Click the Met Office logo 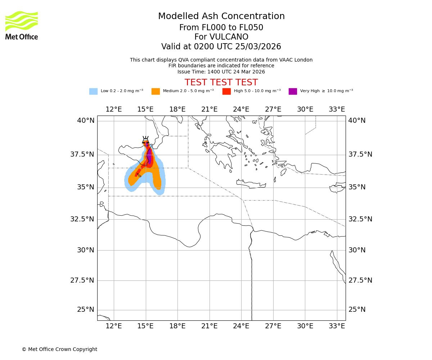pyautogui.click(x=22, y=25)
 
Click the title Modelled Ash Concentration pyautogui.click(x=221, y=17)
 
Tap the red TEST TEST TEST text pyautogui.click(x=221, y=83)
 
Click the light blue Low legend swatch pyautogui.click(x=93, y=91)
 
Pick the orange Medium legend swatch pyautogui.click(x=156, y=91)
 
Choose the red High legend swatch pyautogui.click(x=226, y=91)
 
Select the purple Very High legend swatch pyautogui.click(x=293, y=91)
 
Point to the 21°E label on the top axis pyautogui.click(x=209, y=109)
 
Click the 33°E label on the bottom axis pyautogui.click(x=337, y=326)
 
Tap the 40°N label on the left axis pyautogui.click(x=85, y=121)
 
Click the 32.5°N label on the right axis pyautogui.click(x=360, y=219)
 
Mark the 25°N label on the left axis pyautogui.click(x=85, y=310)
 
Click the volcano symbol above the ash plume pyautogui.click(x=145, y=139)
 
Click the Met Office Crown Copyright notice pyautogui.click(x=59, y=349)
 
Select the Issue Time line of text pyautogui.click(x=221, y=72)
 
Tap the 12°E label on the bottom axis pyautogui.click(x=113, y=326)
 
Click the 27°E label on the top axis pyautogui.click(x=273, y=109)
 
